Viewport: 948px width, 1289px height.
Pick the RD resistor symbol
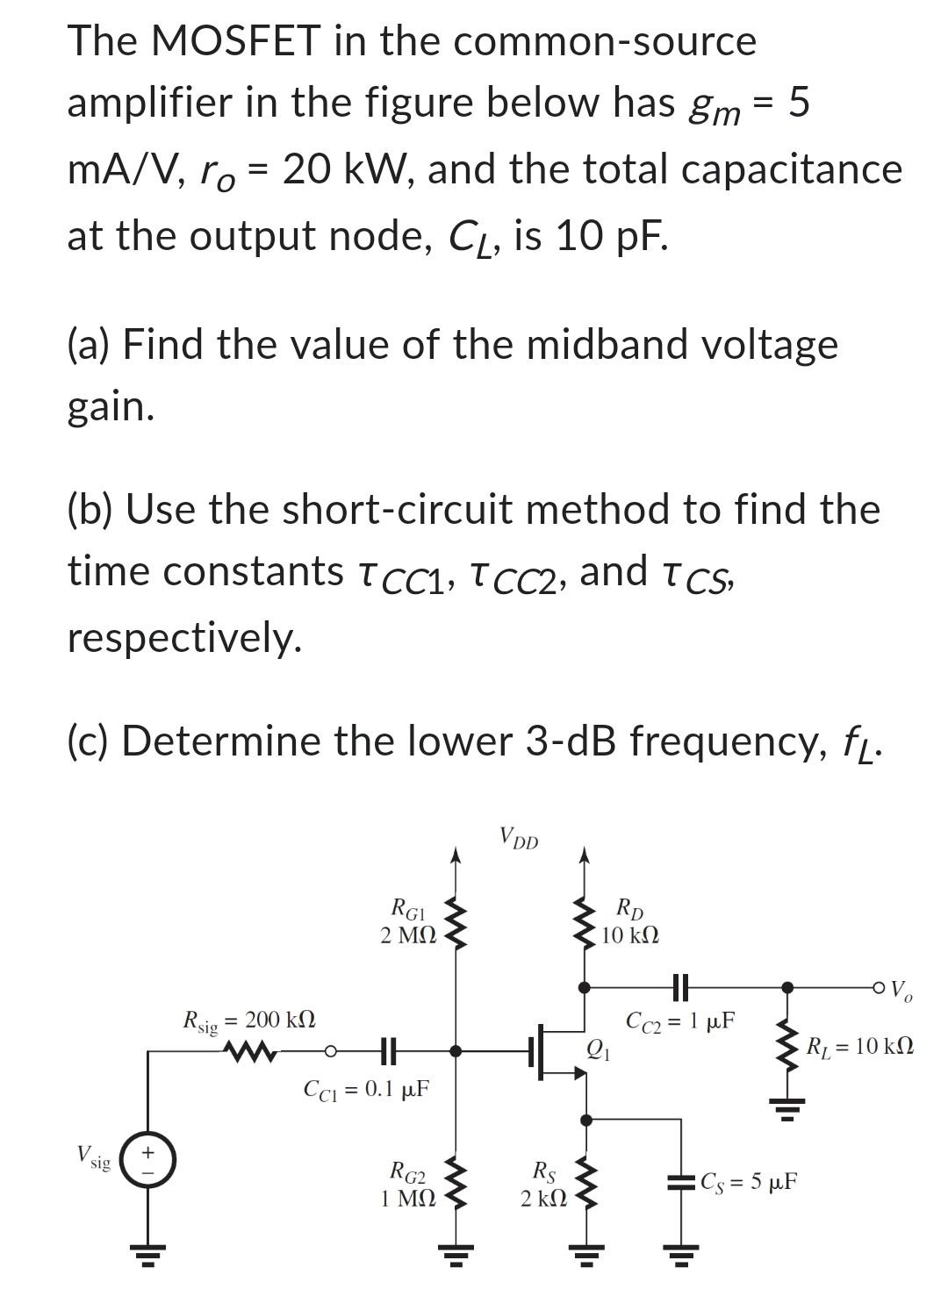pos(585,920)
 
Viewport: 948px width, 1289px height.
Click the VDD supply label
pos(519,840)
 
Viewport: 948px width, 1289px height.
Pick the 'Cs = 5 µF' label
pos(749,1181)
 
